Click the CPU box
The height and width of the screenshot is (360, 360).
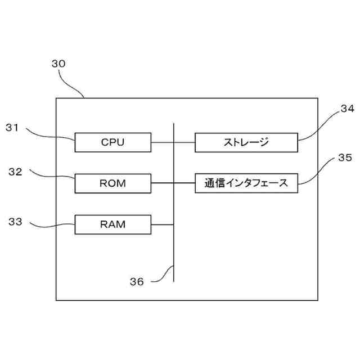point(112,142)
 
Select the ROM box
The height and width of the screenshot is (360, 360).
point(112,183)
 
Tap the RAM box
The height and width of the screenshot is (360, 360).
point(112,224)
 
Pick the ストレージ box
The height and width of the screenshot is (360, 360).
point(246,142)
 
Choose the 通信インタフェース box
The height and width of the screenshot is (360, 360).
point(246,183)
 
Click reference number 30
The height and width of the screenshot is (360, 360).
point(58,64)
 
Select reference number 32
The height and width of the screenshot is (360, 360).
point(15,172)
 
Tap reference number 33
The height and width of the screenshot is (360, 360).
point(15,222)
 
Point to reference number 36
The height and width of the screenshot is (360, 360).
point(137,281)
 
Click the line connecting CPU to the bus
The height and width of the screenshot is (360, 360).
point(162,142)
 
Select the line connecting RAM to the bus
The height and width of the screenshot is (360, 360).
point(162,224)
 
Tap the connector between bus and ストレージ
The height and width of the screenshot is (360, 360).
point(184,142)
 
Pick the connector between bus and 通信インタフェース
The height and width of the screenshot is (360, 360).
point(184,183)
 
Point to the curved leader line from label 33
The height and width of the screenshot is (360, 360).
point(51,227)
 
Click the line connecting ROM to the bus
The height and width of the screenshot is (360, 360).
point(162,183)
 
